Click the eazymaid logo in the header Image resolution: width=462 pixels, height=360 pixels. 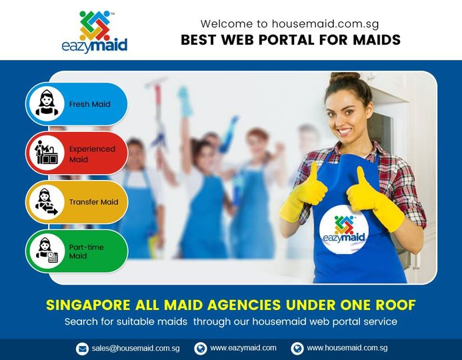95,32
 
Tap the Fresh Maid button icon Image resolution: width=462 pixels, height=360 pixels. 47,104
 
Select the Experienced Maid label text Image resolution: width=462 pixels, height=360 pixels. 92,154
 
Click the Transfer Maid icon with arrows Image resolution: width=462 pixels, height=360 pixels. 47,202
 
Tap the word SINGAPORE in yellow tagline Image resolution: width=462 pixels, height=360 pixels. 88,305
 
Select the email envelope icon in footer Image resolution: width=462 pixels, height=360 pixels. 82,349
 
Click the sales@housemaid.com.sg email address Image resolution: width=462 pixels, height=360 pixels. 135,349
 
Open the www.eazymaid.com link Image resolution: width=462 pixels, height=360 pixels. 243,348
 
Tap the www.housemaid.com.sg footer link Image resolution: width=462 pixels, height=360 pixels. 347,348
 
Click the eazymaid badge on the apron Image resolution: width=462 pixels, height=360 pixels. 344,229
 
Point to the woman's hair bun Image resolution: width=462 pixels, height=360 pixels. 345,77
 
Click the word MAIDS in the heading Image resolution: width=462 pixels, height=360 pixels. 377,40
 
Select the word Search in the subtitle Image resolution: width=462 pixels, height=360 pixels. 81,321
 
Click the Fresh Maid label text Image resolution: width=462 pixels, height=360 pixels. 89,104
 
